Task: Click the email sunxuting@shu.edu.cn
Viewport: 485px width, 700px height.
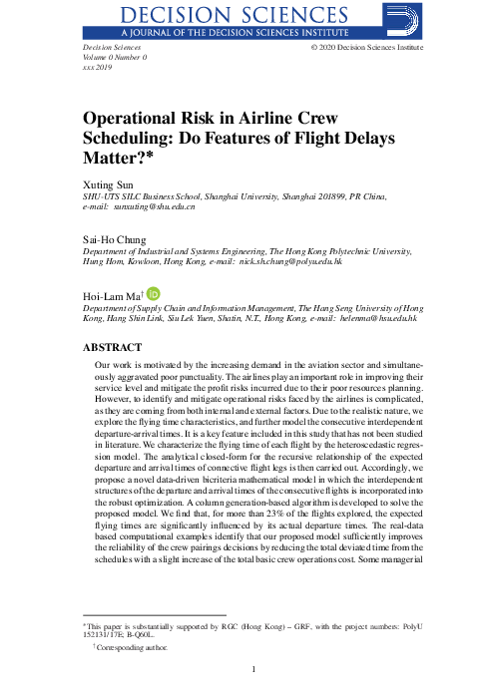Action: (x=154, y=207)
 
